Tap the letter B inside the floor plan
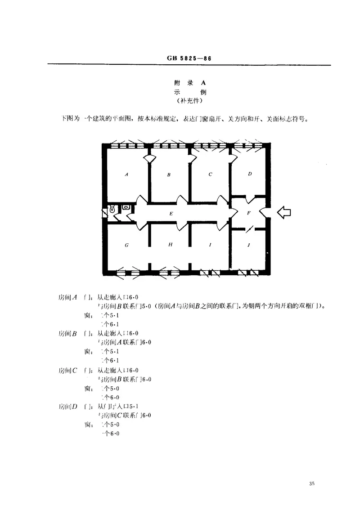[169, 175]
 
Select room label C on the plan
[210, 174]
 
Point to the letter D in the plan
[250, 173]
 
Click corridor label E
[171, 214]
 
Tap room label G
[127, 245]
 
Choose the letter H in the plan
[170, 245]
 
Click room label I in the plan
[210, 245]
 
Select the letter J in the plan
[249, 246]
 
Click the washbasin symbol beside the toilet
[126, 207]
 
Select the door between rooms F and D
[249, 198]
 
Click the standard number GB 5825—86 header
[189, 59]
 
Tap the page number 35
[312, 483]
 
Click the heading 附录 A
[189, 82]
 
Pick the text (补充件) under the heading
[189, 101]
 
